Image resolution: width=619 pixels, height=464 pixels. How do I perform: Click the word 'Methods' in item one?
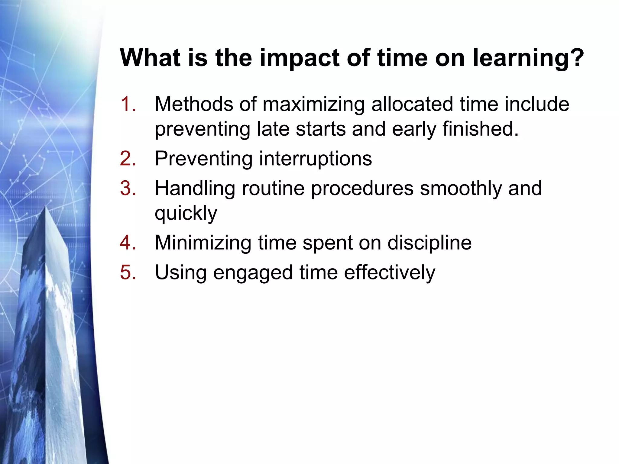click(x=194, y=104)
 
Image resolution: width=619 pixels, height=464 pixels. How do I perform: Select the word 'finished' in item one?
click(x=478, y=129)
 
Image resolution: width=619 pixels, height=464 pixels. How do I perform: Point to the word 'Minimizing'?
click(x=203, y=243)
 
